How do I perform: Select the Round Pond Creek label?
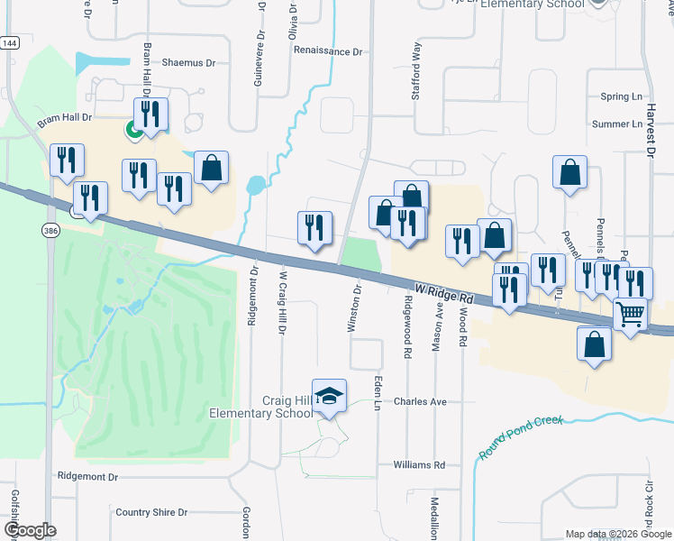point(520,437)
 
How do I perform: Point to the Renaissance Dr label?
point(328,51)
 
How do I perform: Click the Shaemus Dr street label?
point(189,63)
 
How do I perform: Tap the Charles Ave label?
point(421,401)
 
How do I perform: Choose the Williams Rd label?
point(419,465)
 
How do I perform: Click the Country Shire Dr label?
point(151,512)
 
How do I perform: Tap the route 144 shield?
point(9,43)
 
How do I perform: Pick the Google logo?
point(30,530)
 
